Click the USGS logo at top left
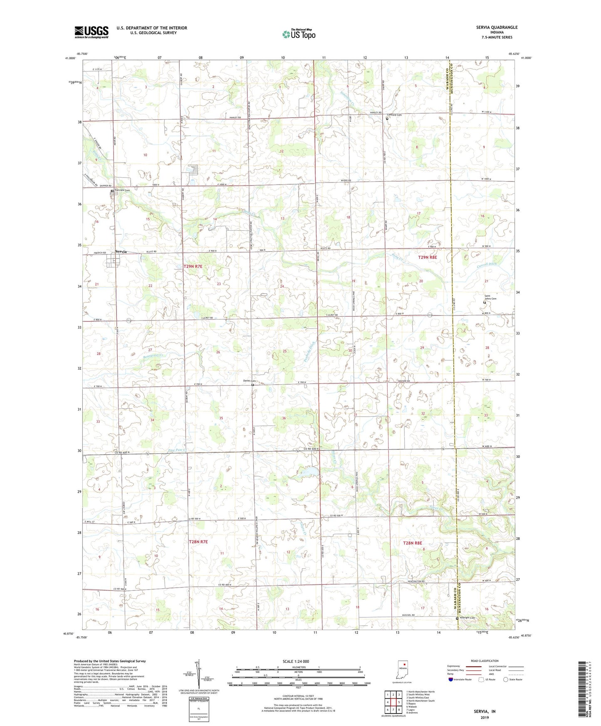point(92,32)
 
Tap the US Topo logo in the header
point(298,34)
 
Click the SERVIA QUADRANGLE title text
point(497,27)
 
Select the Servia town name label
point(121,252)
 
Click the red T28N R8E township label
point(412,543)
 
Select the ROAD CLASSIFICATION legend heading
point(485,661)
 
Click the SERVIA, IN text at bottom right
point(485,711)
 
